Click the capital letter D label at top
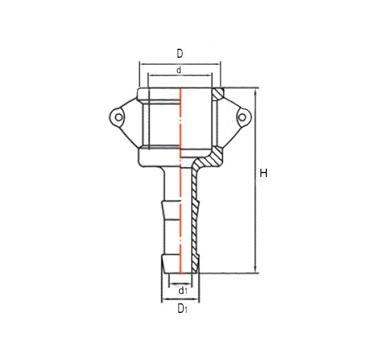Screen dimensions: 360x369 (x=180, y=54)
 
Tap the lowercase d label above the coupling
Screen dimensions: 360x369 (x=179, y=70)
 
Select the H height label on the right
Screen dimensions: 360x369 (x=264, y=174)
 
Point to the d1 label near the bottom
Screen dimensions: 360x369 (x=183, y=290)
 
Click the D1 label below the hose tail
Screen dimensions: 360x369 (x=182, y=309)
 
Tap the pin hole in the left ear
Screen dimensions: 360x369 (x=118, y=117)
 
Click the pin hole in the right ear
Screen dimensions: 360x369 (x=242, y=117)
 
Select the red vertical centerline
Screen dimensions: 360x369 (x=180, y=183)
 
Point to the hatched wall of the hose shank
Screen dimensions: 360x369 (x=194, y=222)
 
